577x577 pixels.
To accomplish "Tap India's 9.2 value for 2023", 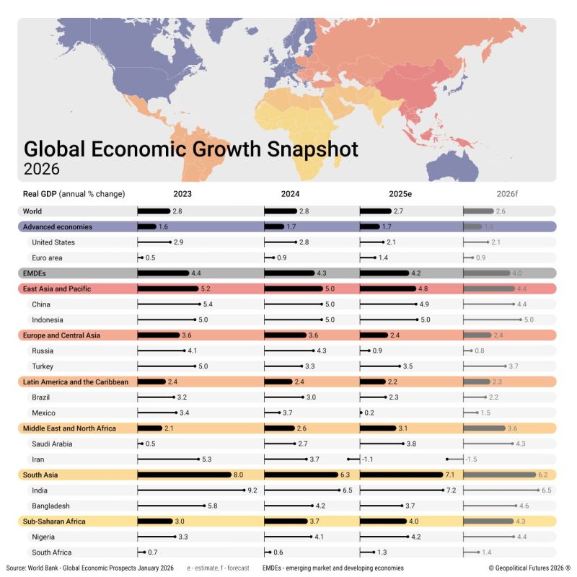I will [x=252, y=490].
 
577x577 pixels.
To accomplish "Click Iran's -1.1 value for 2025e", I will [x=366, y=459].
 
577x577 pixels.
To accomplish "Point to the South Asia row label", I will [x=40, y=475].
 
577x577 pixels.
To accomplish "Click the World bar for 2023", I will [x=154, y=211].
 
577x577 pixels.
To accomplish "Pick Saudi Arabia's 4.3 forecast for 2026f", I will [x=521, y=444].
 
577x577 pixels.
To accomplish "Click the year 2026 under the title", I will [x=42, y=169].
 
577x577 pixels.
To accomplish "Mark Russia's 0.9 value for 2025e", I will [x=378, y=351].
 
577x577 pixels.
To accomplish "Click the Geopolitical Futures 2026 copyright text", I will [x=529, y=568].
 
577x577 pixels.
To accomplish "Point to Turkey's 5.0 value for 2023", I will [x=203, y=366].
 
